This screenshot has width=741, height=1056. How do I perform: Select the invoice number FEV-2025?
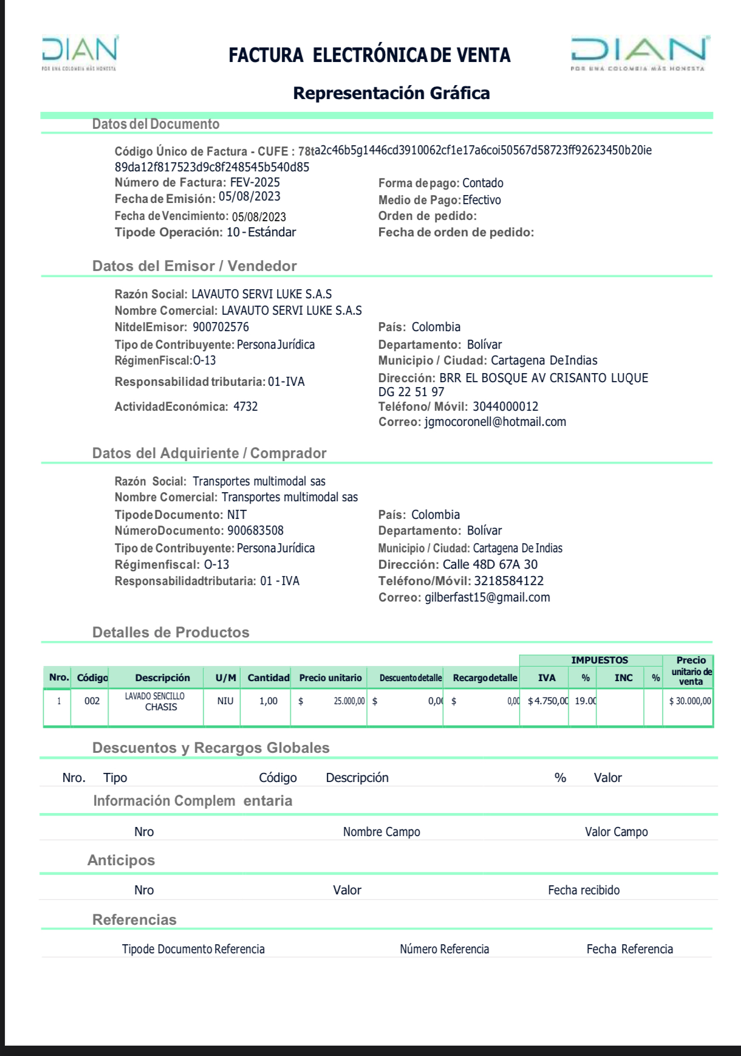click(255, 183)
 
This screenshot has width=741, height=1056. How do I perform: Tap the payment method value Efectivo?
click(482, 200)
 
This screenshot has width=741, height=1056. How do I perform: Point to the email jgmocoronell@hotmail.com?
click(495, 422)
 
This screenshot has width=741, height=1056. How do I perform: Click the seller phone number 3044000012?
click(505, 406)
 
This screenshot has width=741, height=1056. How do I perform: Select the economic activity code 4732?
click(245, 406)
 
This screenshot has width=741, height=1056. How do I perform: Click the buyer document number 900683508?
click(255, 530)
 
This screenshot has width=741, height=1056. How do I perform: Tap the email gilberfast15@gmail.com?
click(487, 597)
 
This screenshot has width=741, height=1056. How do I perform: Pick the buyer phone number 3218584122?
click(508, 581)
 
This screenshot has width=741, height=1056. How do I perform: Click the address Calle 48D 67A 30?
click(490, 564)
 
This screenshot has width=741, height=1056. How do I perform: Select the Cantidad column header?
click(268, 677)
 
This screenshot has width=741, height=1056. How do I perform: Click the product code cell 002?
click(92, 701)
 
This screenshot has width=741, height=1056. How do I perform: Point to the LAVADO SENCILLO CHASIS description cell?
click(155, 702)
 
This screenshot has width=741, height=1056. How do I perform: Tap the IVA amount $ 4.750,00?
click(548, 701)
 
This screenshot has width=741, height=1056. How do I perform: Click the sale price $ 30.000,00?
click(690, 701)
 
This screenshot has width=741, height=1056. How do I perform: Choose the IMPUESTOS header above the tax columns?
click(599, 660)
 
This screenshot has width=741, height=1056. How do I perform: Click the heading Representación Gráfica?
click(391, 93)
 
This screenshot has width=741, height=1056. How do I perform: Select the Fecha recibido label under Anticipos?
click(584, 890)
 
